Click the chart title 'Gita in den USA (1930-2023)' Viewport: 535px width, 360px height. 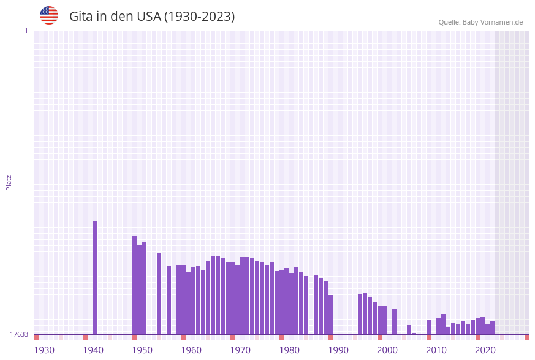click(x=152, y=17)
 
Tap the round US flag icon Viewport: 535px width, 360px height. click(x=49, y=15)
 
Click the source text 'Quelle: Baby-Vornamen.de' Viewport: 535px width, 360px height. click(x=480, y=22)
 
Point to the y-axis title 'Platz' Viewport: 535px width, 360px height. click(x=9, y=182)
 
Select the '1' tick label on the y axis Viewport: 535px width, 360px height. click(x=26, y=31)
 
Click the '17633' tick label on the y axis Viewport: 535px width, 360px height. click(x=19, y=334)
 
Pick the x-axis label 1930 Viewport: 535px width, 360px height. click(x=44, y=350)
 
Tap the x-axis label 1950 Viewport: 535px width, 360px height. click(x=142, y=350)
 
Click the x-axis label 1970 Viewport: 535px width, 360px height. click(x=240, y=350)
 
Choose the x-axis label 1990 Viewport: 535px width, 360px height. click(x=338, y=350)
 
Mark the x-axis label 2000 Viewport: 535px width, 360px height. click(x=387, y=350)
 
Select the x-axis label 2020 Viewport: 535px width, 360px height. click(x=485, y=350)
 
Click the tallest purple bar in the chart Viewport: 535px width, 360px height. click(x=96, y=277)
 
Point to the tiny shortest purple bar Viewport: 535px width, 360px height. click(x=414, y=334)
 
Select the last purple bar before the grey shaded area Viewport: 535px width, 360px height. click(x=493, y=328)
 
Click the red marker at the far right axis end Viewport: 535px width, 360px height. click(x=526, y=337)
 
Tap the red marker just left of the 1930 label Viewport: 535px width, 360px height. click(x=37, y=337)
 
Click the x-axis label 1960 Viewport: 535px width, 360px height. click(x=191, y=350)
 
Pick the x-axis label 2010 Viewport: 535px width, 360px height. click(x=436, y=350)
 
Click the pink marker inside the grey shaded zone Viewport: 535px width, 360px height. click(x=503, y=337)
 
